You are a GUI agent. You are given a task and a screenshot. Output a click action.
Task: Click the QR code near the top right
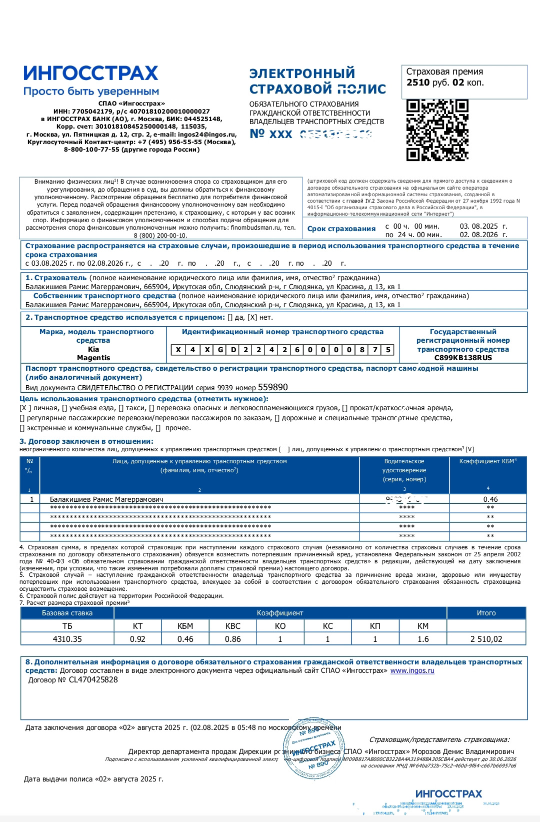point(437,130)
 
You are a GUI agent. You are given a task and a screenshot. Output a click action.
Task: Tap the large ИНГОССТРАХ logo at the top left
point(90,73)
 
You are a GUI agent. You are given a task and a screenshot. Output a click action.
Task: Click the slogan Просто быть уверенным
point(91,92)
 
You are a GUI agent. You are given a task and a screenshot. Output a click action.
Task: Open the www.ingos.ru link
point(412,670)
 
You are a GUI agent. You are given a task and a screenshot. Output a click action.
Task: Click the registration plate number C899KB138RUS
point(463,358)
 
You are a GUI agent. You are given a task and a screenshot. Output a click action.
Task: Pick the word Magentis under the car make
point(93,358)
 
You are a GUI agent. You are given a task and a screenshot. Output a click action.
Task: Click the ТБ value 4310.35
point(67,639)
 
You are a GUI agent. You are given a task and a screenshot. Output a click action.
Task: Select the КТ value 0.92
point(137,639)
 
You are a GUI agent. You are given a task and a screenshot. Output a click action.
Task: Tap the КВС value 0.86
point(232,639)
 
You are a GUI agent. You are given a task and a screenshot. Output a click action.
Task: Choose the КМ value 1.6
point(423,639)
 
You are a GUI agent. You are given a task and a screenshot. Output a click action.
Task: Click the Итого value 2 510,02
point(486,639)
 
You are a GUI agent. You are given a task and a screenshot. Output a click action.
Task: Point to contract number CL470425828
point(93,679)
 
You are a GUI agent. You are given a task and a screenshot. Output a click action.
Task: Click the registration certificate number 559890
point(272,387)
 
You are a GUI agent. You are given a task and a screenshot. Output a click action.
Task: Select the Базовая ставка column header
point(67,613)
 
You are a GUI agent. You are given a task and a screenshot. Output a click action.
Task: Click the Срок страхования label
point(341,229)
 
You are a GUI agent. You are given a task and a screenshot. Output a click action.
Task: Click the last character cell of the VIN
point(387,350)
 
